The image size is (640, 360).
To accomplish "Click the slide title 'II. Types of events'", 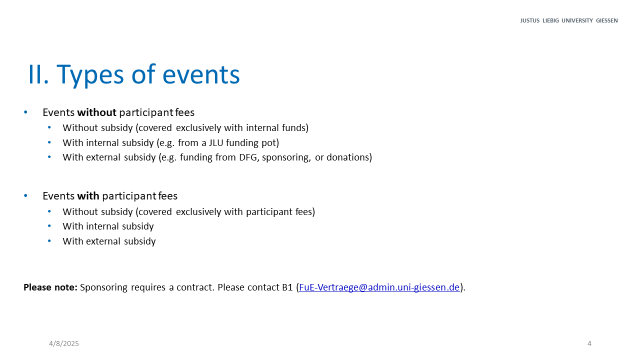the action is click(x=134, y=75).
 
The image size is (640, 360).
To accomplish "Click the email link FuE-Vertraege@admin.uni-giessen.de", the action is click(x=379, y=287).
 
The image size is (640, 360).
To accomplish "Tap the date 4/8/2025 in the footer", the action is click(x=63, y=343).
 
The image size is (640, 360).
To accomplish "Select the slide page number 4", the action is click(x=589, y=343).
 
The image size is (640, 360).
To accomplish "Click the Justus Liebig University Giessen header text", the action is click(x=569, y=20).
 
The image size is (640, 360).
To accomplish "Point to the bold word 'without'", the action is click(x=96, y=112).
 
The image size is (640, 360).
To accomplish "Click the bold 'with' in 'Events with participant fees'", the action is click(x=88, y=196).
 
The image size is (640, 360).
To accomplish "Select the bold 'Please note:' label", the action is click(x=50, y=287).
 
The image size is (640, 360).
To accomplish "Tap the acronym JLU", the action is click(x=215, y=142).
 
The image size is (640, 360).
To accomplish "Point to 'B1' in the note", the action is click(x=287, y=287).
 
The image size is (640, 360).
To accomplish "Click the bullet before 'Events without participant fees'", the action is click(x=25, y=112).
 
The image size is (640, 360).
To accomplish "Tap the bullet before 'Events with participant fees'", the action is click(x=25, y=195).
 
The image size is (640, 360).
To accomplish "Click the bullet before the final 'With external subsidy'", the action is click(x=49, y=241).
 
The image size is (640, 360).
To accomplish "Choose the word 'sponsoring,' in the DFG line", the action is click(x=286, y=157).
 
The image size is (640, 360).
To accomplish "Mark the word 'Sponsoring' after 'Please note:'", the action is click(x=103, y=287).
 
